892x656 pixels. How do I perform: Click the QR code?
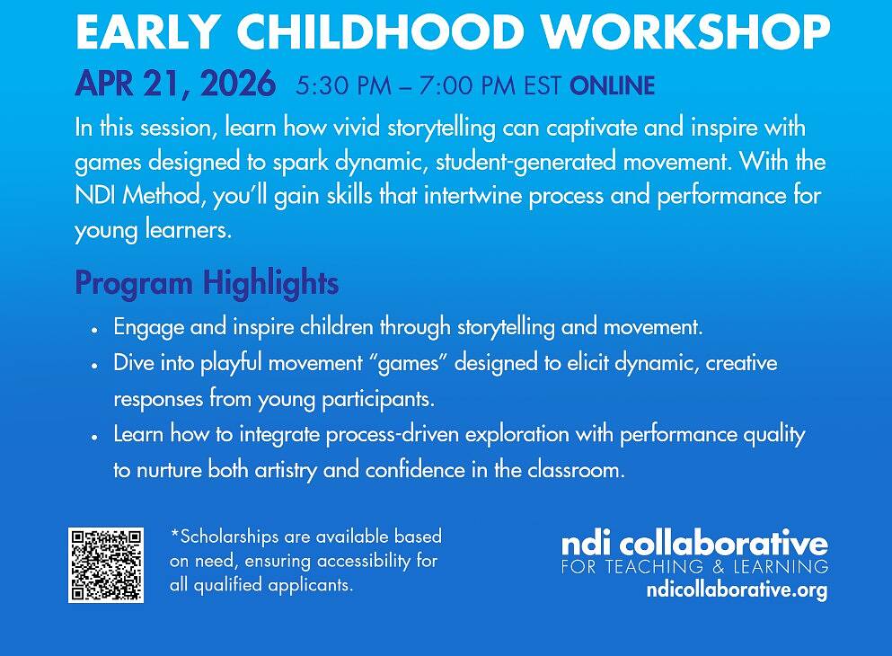tap(106, 564)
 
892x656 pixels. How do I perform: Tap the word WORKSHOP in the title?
tap(685, 31)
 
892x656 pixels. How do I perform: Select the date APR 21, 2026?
tap(175, 84)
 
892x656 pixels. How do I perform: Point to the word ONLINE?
tap(612, 85)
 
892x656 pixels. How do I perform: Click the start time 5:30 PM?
tap(344, 85)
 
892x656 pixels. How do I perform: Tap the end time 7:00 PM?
tap(467, 85)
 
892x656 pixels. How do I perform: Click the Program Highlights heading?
tap(207, 283)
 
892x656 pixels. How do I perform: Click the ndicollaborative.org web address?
tap(737, 590)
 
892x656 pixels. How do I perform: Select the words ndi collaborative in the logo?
tap(694, 544)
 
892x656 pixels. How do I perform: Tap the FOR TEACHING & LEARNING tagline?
tap(694, 567)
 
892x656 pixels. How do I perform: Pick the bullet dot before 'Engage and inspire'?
tap(95, 330)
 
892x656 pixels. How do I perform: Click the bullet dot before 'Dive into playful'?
tap(95, 365)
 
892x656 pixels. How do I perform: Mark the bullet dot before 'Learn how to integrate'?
tap(95, 437)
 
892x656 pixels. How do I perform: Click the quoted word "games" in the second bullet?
tap(409, 363)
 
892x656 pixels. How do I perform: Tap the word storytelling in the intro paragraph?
tap(441, 128)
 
